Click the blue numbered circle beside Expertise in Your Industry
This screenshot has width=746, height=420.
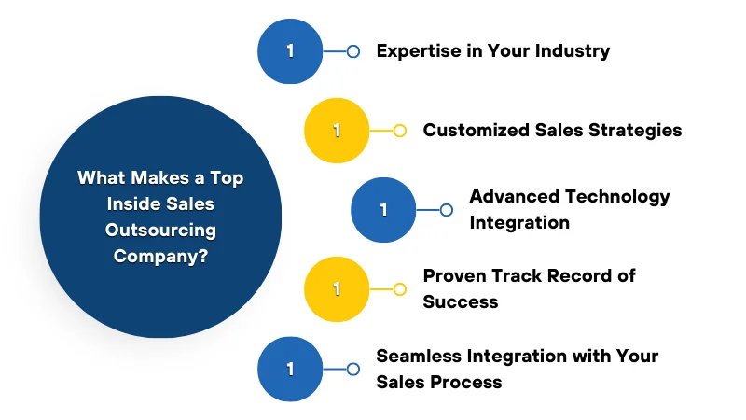pyautogui.click(x=290, y=51)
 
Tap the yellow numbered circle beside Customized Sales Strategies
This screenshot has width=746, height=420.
pyautogui.click(x=337, y=131)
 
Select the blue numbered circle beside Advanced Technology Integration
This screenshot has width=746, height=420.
pyautogui.click(x=383, y=210)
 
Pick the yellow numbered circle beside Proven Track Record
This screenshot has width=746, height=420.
pyautogui.click(x=337, y=289)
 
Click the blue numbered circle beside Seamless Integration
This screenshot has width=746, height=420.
pyautogui.click(x=290, y=369)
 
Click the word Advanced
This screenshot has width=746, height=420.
pyautogui.click(x=513, y=197)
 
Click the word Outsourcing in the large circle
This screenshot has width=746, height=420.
pyautogui.click(x=160, y=230)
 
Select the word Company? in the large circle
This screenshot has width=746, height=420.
pyautogui.click(x=160, y=255)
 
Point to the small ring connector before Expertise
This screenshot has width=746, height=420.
pyautogui.click(x=352, y=51)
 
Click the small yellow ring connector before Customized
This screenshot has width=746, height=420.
pyautogui.click(x=399, y=131)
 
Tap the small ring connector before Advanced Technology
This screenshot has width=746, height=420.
pyautogui.click(x=446, y=210)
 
